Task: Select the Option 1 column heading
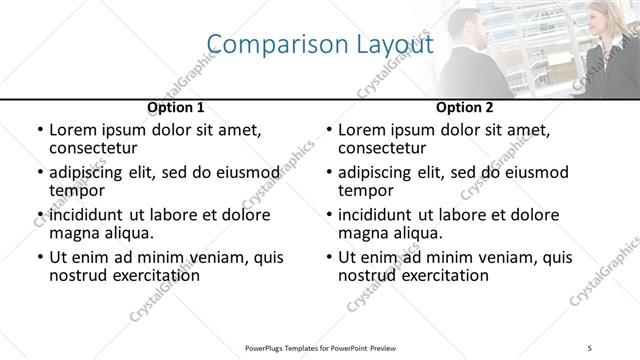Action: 176,107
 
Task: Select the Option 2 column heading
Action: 465,107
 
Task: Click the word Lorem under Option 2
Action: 361,130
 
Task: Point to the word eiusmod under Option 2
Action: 532,172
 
